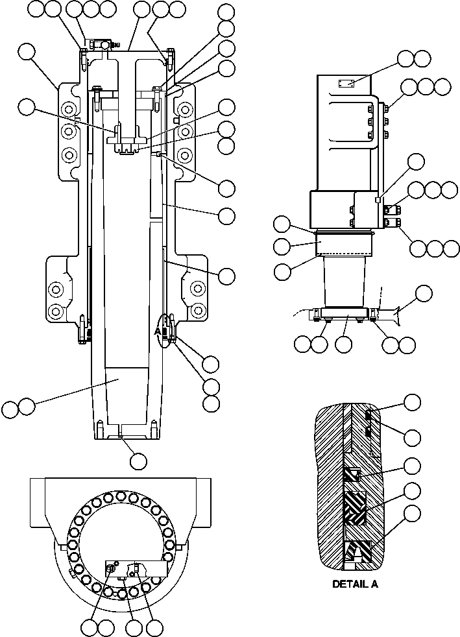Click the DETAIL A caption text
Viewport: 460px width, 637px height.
[355, 584]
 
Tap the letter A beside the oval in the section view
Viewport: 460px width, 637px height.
[156, 331]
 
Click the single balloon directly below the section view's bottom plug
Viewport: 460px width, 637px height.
[138, 461]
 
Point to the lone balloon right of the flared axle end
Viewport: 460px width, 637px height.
[423, 293]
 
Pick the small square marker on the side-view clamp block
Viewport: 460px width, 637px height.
[377, 200]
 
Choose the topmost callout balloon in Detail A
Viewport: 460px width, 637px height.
[413, 403]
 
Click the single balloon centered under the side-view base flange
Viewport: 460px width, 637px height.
[344, 344]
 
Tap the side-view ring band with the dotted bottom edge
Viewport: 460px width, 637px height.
[344, 245]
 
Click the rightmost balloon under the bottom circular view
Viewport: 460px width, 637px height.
[154, 627]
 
